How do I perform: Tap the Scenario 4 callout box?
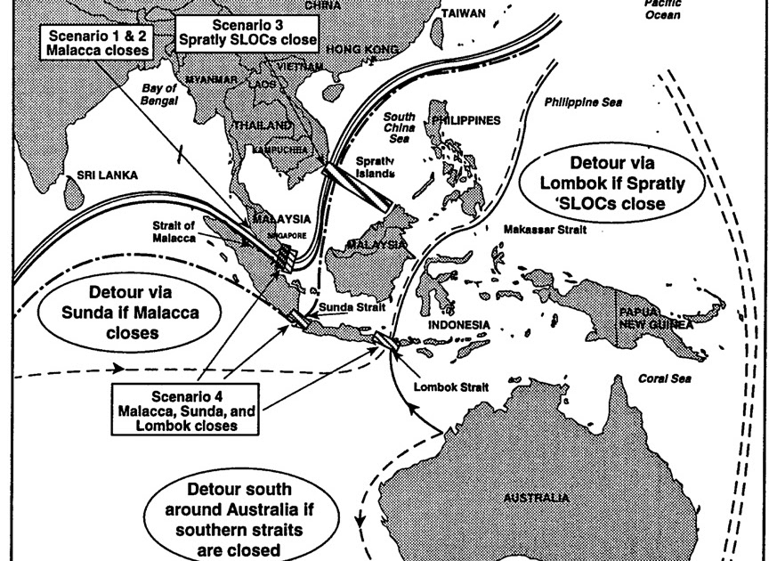(x=185, y=410)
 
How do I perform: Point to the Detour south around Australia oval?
(x=239, y=517)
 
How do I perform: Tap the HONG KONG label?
(x=362, y=49)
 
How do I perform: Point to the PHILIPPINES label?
(x=465, y=121)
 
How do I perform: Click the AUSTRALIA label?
(x=537, y=498)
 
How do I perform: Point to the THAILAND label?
(x=262, y=126)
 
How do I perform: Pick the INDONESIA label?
(x=460, y=324)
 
